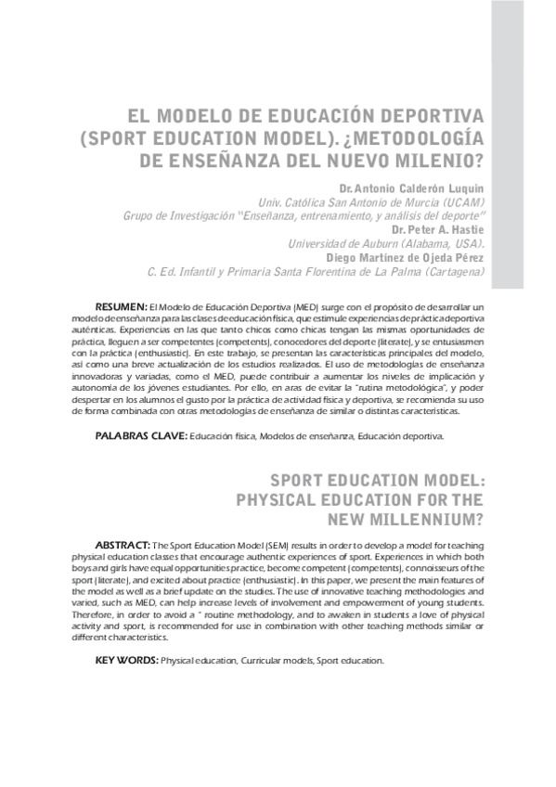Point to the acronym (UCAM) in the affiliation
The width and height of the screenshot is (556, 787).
pos(461,201)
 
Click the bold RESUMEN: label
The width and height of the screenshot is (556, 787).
pos(121,305)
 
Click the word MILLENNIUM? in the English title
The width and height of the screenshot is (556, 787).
pos(442,520)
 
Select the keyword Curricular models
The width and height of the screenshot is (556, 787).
pos(275,661)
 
